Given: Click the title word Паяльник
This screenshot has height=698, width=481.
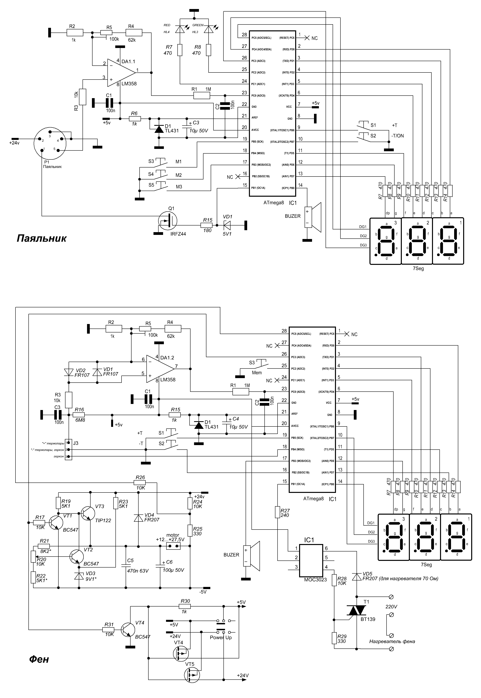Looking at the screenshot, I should click(x=41, y=239).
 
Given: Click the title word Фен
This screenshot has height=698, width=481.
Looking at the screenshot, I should click(x=39, y=659).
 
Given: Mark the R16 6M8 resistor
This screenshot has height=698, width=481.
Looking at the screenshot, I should click(x=79, y=415).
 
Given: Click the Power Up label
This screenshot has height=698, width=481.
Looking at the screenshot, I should click(x=221, y=637).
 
